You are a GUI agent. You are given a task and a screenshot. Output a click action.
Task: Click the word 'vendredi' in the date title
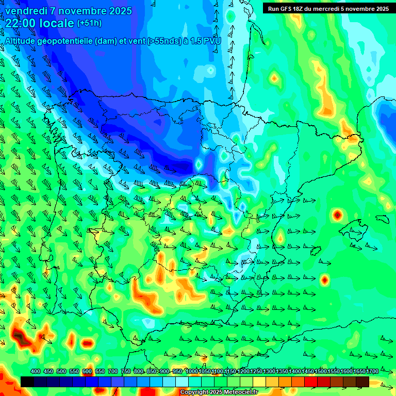click(x=24, y=11)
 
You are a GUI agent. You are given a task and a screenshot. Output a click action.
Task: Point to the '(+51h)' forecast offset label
click(x=89, y=23)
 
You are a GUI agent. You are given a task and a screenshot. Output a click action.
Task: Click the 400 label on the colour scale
click(x=36, y=372)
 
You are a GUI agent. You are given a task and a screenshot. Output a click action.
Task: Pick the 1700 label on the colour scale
click(x=359, y=372)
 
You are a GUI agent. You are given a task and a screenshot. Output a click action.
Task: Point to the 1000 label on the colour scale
click(x=192, y=372)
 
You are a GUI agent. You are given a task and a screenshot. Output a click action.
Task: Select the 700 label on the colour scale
click(x=113, y=372)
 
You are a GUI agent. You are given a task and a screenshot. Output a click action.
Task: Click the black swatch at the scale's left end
click(x=27, y=382)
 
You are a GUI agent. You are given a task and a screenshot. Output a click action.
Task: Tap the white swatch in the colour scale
click(x=182, y=382)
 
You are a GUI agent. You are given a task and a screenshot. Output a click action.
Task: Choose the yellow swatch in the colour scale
click(x=259, y=382)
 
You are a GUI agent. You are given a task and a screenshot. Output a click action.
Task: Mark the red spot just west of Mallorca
click(x=337, y=214)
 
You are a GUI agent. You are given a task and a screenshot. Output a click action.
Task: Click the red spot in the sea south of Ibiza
click(x=324, y=280)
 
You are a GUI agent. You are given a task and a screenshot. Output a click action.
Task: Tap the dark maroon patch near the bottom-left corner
click(x=21, y=338)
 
